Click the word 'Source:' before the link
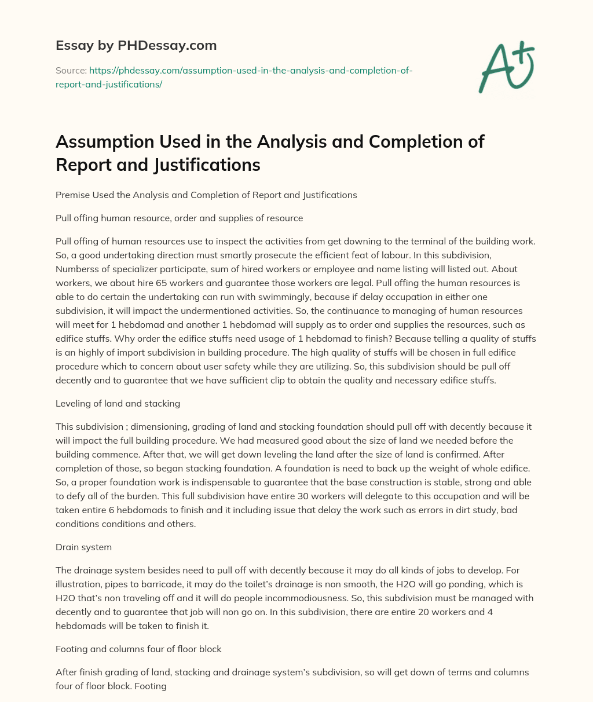[x=71, y=71]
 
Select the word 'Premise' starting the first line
[x=72, y=195]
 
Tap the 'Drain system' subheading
[x=83, y=547]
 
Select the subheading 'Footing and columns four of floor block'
[x=138, y=649]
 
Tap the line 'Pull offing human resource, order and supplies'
[x=179, y=218]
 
